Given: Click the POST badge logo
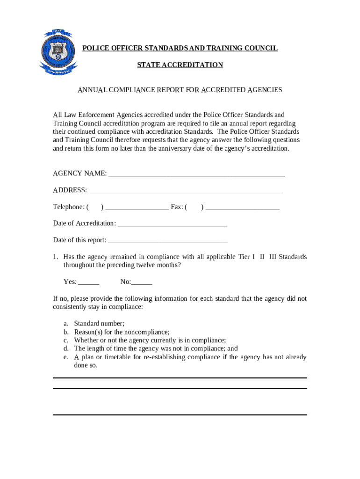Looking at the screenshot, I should [x=58, y=51].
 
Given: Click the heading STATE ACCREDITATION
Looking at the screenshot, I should [x=180, y=65].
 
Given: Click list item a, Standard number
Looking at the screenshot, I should [x=99, y=323].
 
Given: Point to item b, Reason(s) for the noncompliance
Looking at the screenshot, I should [x=122, y=332].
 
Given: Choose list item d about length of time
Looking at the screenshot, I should [x=156, y=348].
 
